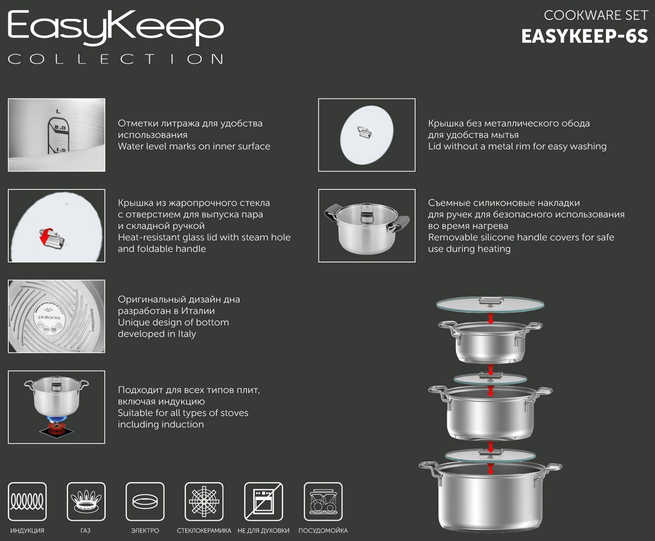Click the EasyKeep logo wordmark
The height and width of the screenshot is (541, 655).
[x=116, y=28]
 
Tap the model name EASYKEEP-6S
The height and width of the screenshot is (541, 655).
[x=584, y=36]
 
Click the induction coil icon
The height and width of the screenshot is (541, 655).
[x=27, y=502]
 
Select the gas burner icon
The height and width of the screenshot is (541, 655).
[x=86, y=502]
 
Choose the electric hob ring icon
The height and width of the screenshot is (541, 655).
[x=145, y=502]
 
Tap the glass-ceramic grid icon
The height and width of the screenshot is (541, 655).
[x=204, y=502]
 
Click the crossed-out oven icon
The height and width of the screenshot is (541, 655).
[x=264, y=502]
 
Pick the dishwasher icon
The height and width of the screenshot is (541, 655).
[x=323, y=502]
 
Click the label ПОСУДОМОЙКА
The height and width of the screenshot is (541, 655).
[x=323, y=530]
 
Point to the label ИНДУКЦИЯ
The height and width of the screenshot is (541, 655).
[x=27, y=530]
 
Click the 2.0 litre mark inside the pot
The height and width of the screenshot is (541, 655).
[x=60, y=128]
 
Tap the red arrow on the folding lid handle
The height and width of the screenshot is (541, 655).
[x=44, y=237]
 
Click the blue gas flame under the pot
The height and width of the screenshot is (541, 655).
[x=57, y=419]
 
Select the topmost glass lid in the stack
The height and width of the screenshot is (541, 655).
[x=490, y=305]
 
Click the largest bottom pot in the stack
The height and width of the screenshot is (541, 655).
[x=490, y=497]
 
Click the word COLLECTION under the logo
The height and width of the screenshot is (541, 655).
[x=116, y=59]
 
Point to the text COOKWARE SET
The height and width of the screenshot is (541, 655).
[x=596, y=15]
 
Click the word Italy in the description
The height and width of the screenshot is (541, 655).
[x=187, y=334]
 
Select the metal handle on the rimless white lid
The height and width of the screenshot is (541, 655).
[x=364, y=132]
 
